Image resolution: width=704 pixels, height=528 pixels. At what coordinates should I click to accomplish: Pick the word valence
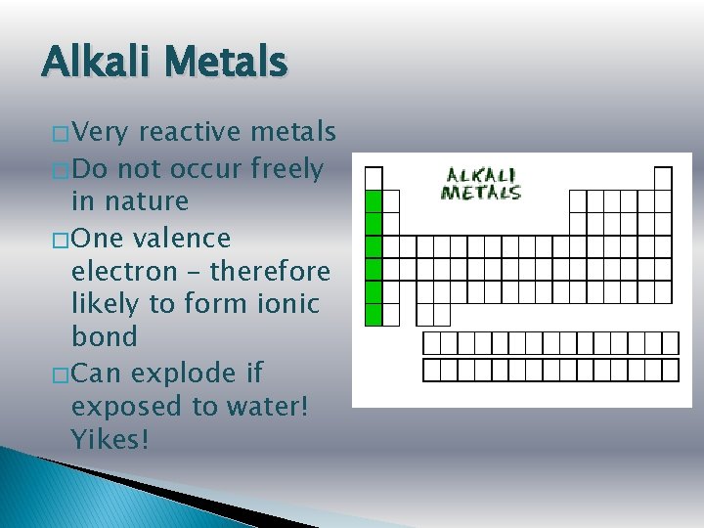click(185, 238)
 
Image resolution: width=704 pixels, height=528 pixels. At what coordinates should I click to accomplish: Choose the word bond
click(105, 336)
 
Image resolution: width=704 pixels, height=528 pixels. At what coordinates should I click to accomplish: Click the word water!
click(266, 407)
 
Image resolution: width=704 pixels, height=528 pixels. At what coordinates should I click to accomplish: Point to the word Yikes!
click(110, 440)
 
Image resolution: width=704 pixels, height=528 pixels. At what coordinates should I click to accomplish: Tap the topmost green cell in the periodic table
click(373, 200)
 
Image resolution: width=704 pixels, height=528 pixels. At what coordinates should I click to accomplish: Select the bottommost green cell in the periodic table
click(373, 315)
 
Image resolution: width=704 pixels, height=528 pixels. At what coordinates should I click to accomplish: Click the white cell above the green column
click(373, 178)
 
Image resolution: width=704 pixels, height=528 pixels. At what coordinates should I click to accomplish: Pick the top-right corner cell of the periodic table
click(663, 178)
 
